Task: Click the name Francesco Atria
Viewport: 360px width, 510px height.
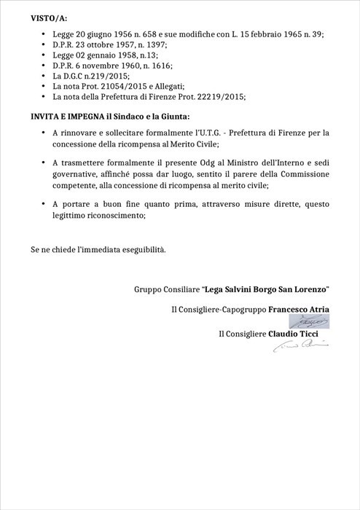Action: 299,310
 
